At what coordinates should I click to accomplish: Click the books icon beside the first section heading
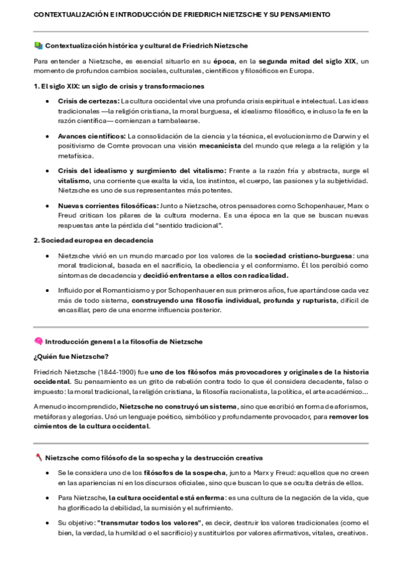pyautogui.click(x=38, y=46)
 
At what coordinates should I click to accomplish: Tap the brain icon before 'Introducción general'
pyautogui.click(x=38, y=341)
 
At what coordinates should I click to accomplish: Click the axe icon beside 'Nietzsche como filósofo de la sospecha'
pyautogui.click(x=38, y=458)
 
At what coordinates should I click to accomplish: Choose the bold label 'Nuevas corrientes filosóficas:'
pyautogui.click(x=107, y=205)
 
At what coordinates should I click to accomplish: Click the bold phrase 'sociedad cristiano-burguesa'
pyautogui.click(x=303, y=256)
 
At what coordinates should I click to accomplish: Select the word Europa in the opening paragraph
pyautogui.click(x=301, y=71)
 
